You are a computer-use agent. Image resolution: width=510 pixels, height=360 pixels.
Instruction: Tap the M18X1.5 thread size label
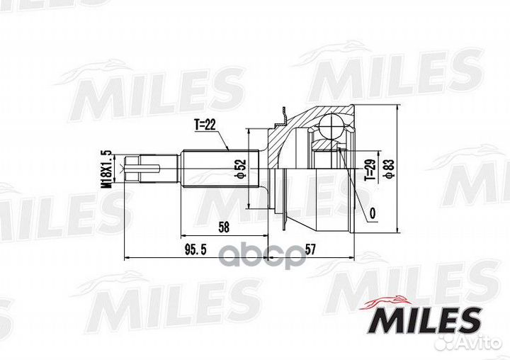(107, 169)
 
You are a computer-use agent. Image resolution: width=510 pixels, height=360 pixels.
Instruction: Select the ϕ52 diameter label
(240, 169)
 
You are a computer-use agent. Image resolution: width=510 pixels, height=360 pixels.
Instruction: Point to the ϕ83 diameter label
(389, 169)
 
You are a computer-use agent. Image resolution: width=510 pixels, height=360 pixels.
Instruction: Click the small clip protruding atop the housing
(283, 113)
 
